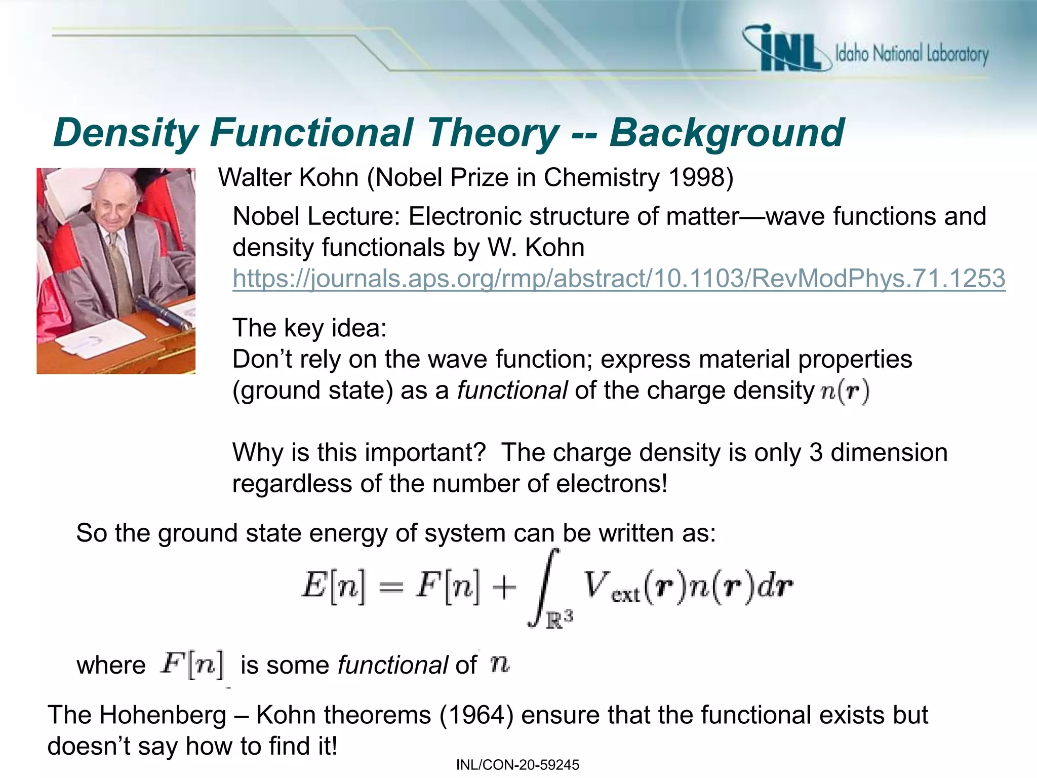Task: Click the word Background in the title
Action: (x=726, y=133)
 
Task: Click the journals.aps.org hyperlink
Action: (x=618, y=279)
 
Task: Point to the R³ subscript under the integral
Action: (x=559, y=619)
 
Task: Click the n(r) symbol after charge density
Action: (x=844, y=392)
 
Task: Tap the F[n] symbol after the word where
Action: (x=192, y=664)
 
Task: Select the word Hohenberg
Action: (x=163, y=715)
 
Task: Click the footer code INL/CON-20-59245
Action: (x=517, y=765)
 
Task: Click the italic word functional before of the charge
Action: (x=512, y=391)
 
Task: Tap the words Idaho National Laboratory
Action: (x=911, y=54)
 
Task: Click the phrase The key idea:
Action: (x=309, y=328)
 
